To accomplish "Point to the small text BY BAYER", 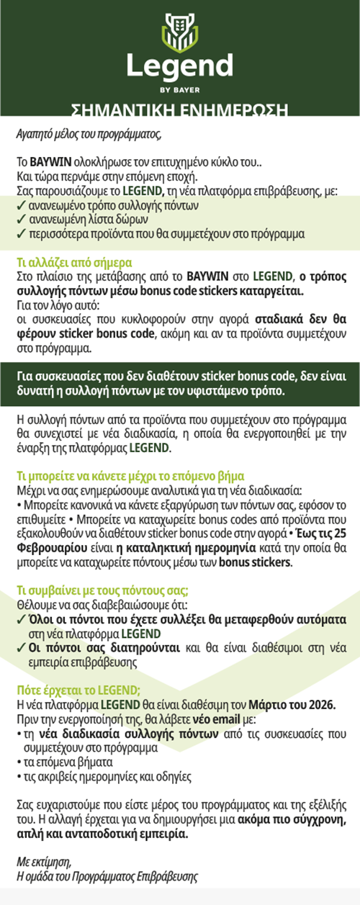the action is [180, 90].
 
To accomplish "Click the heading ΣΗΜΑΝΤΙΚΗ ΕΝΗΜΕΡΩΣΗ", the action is [180, 110].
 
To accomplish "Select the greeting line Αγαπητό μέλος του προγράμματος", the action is [85, 133].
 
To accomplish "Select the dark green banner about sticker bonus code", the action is [180, 384].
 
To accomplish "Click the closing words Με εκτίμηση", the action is [45, 861].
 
